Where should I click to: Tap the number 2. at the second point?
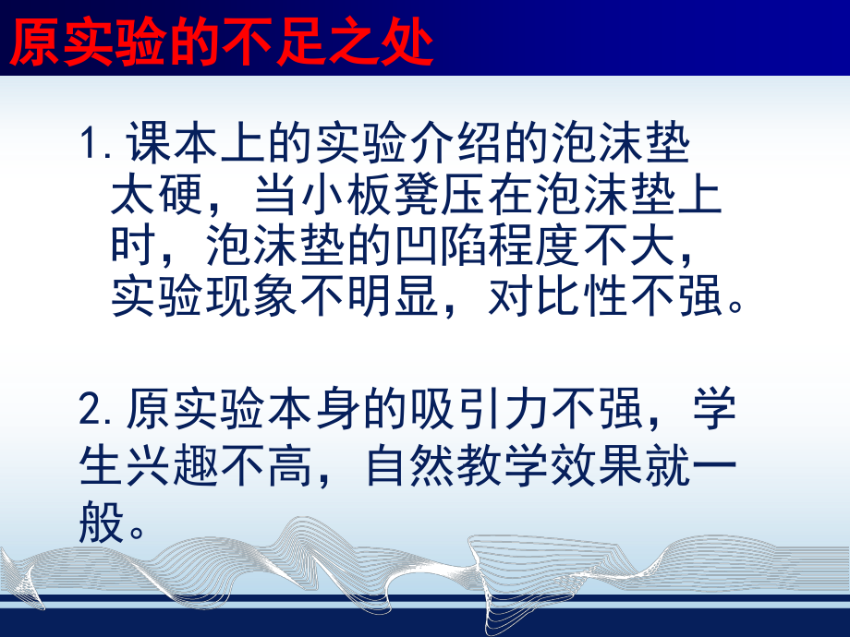(95, 408)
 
